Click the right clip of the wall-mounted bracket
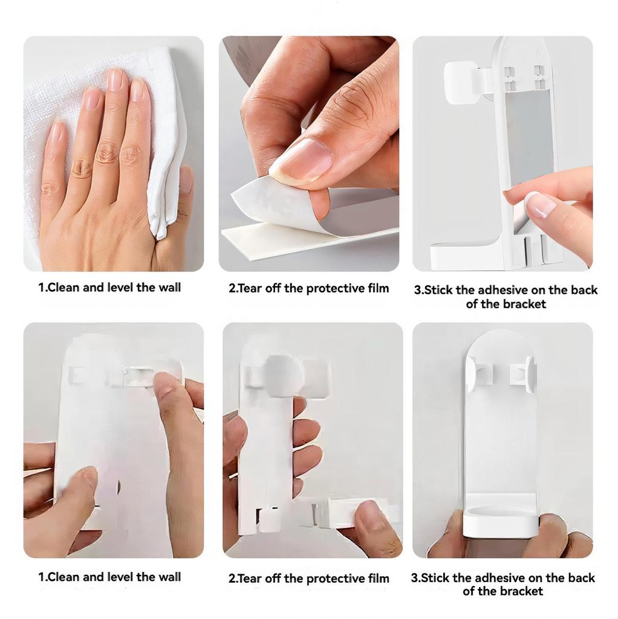pos(523,371)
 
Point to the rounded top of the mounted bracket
pos(499,342)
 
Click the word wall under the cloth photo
pos(169,288)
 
